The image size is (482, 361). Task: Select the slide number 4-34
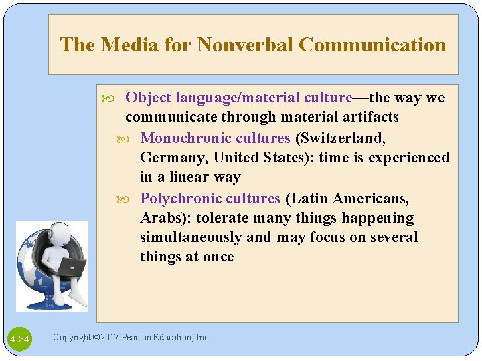pos(19,340)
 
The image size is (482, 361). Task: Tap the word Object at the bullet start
pos(148,98)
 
